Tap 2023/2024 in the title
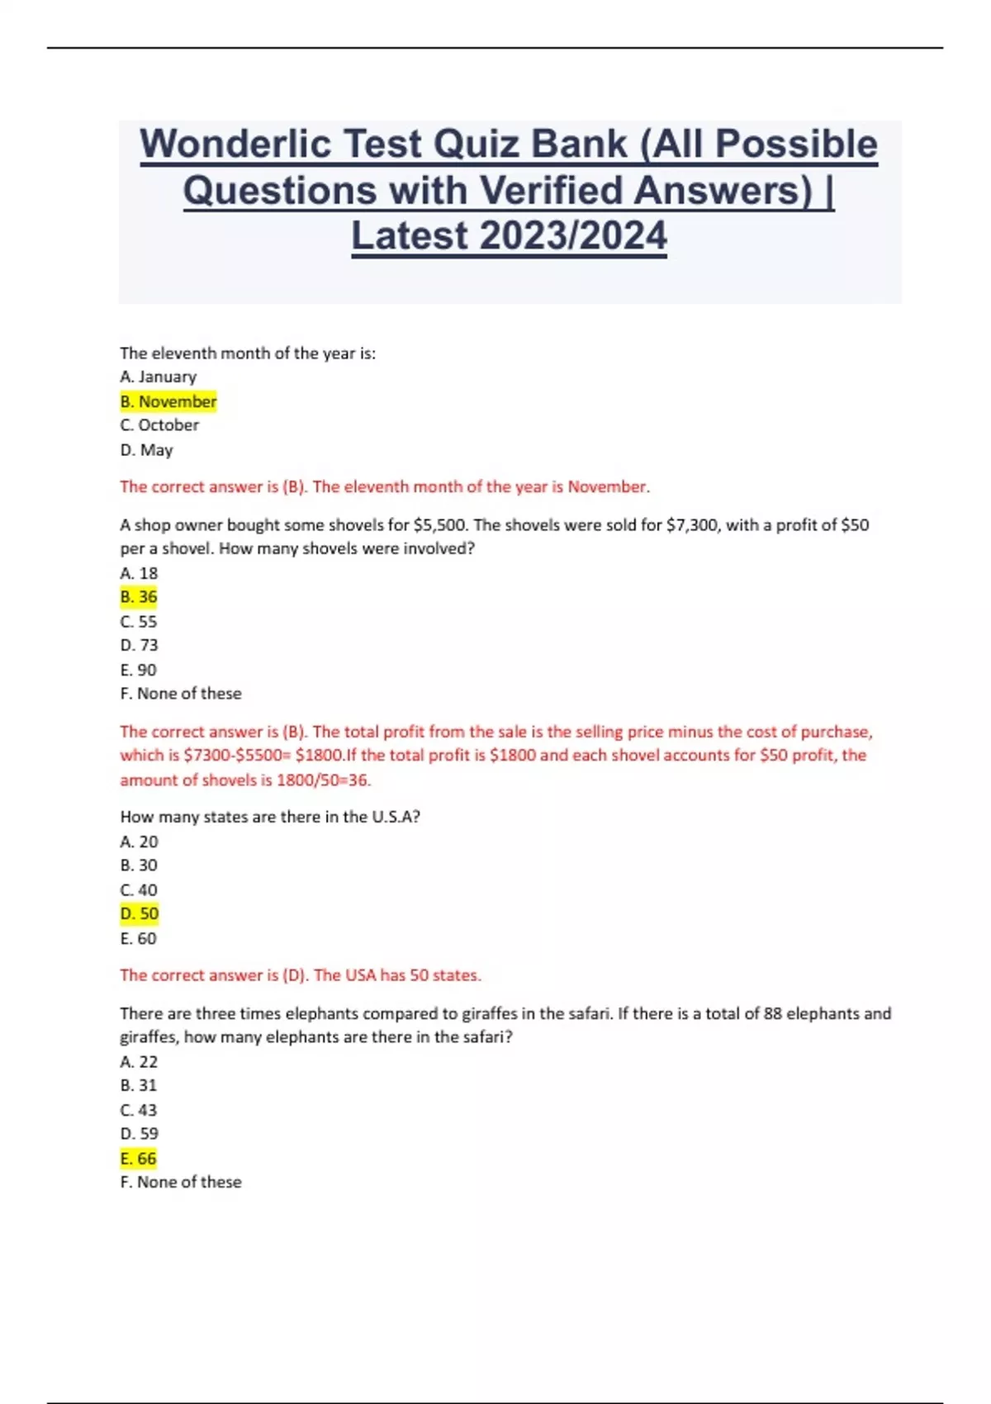pos(573,236)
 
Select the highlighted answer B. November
pos(168,401)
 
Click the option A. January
pos(159,377)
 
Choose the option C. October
pos(159,425)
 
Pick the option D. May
pos(146,450)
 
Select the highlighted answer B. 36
pos(139,597)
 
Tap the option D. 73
pos(139,645)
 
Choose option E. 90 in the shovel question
pos(138,670)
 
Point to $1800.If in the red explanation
pos(325,756)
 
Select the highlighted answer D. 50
pos(140,914)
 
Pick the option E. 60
pos(138,938)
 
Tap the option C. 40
pos(139,890)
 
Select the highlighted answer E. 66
pos(138,1159)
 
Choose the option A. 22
pos(139,1061)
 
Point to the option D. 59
pos(139,1134)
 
